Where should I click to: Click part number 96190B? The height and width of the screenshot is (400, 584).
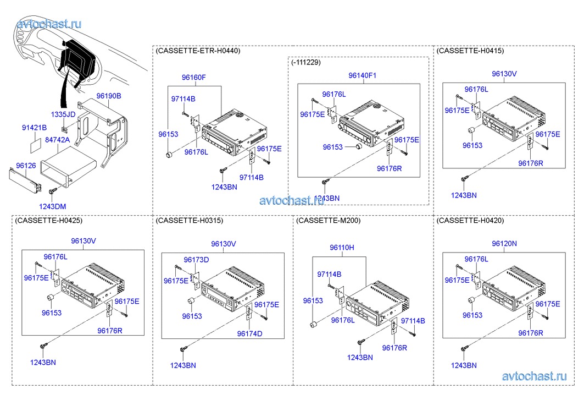point(109,96)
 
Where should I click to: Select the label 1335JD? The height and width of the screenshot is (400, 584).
point(63,114)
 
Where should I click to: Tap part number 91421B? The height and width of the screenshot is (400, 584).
point(34,128)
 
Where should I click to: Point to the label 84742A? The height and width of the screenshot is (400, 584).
point(57,140)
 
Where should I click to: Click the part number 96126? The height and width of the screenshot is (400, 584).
point(26,165)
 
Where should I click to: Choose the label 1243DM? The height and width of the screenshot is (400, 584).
point(52,206)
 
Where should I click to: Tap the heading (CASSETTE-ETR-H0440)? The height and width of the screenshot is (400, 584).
point(198,51)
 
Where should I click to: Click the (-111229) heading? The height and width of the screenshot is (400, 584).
point(306,63)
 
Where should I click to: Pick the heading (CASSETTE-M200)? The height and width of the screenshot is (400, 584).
point(328,220)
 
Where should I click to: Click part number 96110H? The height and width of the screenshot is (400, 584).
point(342,248)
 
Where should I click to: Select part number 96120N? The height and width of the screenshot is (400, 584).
point(504,243)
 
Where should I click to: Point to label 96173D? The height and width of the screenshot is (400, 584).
point(196,260)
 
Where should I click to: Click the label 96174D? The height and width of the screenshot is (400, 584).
point(250,333)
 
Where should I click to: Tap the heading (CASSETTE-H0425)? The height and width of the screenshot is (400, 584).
point(49,220)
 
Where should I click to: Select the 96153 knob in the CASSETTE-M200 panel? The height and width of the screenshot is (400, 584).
point(314,325)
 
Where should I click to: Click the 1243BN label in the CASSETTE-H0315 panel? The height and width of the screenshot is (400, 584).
point(183,365)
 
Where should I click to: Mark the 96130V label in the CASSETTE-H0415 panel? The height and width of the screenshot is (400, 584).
point(504,74)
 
